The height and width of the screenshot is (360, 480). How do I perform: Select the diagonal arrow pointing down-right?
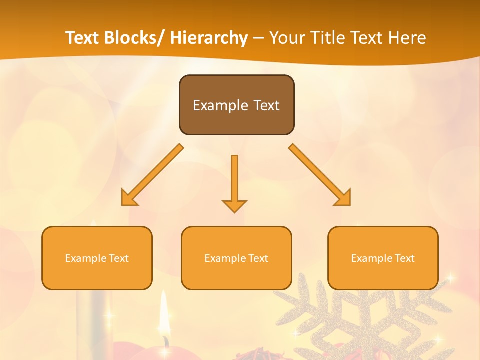[x=319, y=175]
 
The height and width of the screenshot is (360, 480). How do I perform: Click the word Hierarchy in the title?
[x=209, y=38]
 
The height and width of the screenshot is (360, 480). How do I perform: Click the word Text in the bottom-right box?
[x=404, y=258]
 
